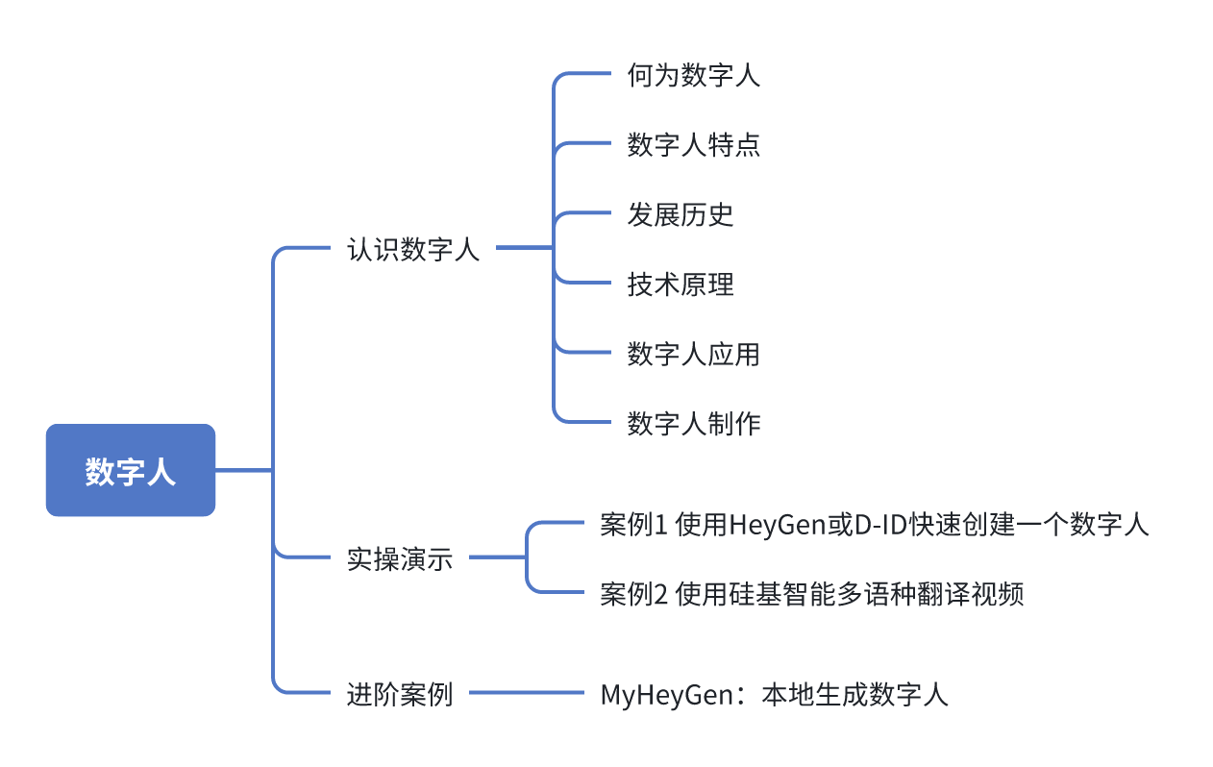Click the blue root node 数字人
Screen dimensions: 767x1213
(x=131, y=471)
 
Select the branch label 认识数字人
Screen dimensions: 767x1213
(x=413, y=250)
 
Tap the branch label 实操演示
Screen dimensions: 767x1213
(x=400, y=559)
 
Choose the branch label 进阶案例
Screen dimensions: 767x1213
(x=400, y=693)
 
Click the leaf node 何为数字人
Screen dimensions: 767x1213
(x=694, y=75)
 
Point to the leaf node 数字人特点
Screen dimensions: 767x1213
(x=694, y=144)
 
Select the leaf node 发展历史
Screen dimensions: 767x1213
(x=681, y=214)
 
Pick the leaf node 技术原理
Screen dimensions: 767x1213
(x=681, y=285)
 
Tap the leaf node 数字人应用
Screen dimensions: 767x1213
(x=694, y=354)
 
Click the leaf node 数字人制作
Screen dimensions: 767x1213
(x=694, y=423)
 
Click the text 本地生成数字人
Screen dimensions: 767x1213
(x=854, y=694)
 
